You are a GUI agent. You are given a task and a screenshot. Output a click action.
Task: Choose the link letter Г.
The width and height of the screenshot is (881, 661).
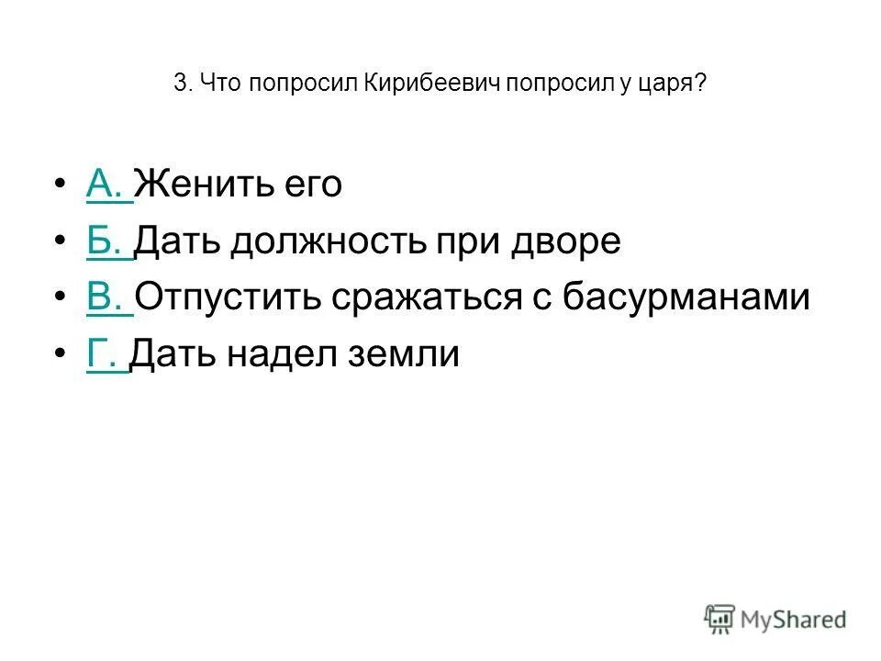point(103,353)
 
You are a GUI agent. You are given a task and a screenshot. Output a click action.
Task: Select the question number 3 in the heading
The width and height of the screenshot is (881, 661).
point(178,84)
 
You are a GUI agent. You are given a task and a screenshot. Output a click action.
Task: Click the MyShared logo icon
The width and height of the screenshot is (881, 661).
point(720,619)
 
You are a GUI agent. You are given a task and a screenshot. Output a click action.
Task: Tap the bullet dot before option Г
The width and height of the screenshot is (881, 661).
point(60,355)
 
